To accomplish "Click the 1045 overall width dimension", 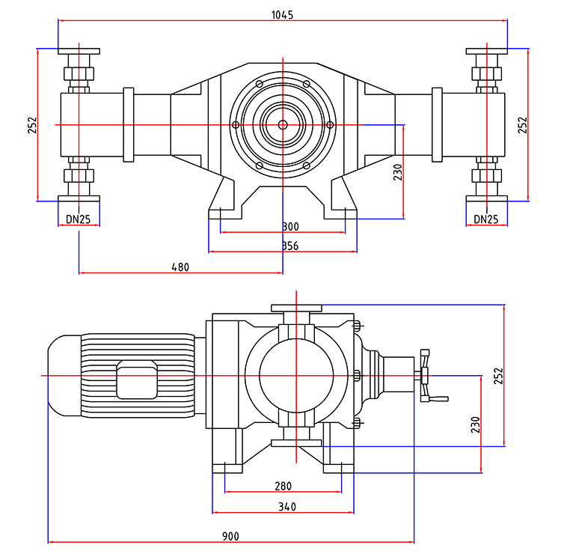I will [x=283, y=14].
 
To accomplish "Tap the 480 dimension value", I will [x=180, y=267].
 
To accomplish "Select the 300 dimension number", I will [x=291, y=227].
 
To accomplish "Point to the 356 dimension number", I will [x=291, y=246].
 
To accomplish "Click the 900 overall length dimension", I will [x=231, y=536].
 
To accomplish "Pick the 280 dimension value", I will [x=283, y=487].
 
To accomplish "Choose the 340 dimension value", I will [x=286, y=507].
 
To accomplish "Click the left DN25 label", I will [x=79, y=219].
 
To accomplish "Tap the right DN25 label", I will [x=486, y=219].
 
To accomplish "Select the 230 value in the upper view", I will [x=398, y=172].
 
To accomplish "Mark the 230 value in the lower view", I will [x=474, y=424].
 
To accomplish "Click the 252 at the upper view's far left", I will [x=32, y=124].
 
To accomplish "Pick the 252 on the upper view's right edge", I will [x=523, y=124].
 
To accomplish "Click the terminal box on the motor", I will [x=136, y=380].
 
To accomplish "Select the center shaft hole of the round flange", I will [x=283, y=125].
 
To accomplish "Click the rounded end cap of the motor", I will [x=63, y=375].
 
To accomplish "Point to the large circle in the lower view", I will [x=296, y=375].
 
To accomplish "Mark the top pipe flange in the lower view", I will [x=296, y=308].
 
